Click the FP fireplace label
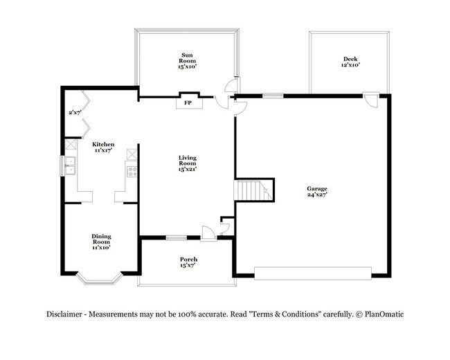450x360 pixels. (x=187, y=104)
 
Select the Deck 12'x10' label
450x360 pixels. (x=350, y=62)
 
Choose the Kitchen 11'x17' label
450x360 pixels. (x=104, y=147)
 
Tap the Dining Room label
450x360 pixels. (x=101, y=241)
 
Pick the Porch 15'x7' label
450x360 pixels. (x=188, y=262)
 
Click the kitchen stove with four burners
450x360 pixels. (x=129, y=169)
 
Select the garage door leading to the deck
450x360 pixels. (x=372, y=100)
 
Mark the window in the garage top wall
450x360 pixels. (x=273, y=96)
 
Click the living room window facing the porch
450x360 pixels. (x=177, y=239)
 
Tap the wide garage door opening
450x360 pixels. (x=315, y=271)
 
